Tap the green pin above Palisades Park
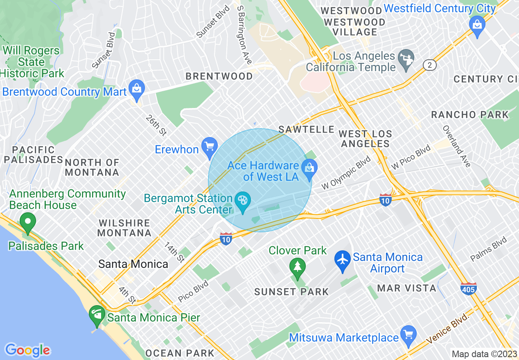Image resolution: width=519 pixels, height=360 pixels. [x=28, y=223]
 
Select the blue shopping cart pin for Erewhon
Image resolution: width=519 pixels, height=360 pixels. [x=210, y=146]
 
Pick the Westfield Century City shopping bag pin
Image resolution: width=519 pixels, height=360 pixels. [x=477, y=25]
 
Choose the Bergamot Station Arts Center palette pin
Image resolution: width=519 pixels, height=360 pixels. [x=243, y=201]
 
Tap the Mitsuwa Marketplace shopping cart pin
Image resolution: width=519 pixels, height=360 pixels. [x=408, y=335]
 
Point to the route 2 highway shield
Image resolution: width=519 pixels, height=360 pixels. [x=429, y=65]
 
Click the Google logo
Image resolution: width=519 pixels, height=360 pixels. [x=28, y=351]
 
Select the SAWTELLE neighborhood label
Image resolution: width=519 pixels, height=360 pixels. [x=307, y=130]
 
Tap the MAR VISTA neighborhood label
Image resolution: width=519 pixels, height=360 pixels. [x=407, y=288]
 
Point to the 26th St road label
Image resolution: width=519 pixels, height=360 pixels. [x=156, y=125]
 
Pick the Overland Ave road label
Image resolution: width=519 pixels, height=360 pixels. [x=456, y=146]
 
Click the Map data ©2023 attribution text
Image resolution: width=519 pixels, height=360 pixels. [x=484, y=354]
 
